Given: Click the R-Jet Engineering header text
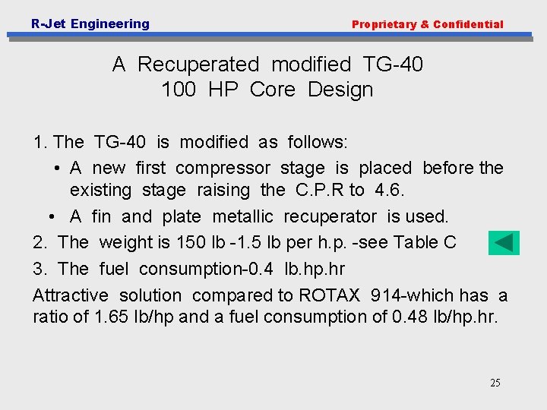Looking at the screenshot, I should pyautogui.click(x=90, y=24).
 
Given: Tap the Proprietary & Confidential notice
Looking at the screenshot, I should pyautogui.click(x=427, y=24).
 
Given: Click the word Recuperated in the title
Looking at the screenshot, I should pyautogui.click(x=198, y=65).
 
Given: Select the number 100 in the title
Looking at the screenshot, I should pyautogui.click(x=179, y=90).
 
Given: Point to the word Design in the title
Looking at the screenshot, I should pyautogui.click(x=340, y=90).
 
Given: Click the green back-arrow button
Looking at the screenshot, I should pyautogui.click(x=504, y=243).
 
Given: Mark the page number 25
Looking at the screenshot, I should pyautogui.click(x=495, y=383).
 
